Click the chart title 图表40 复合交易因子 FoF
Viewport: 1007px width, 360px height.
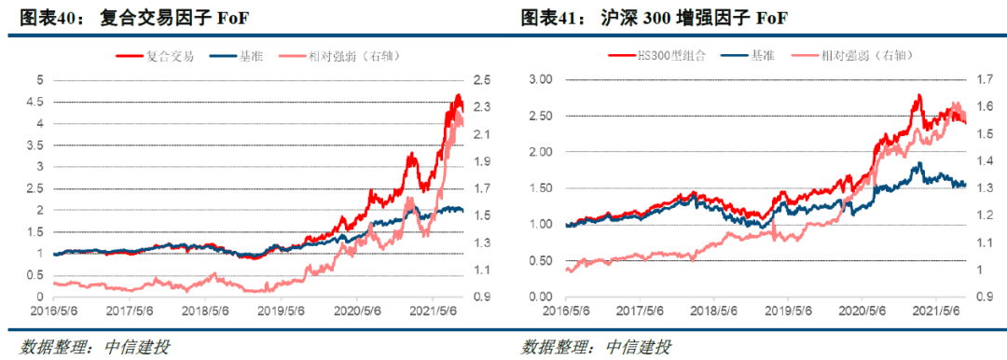point(130,19)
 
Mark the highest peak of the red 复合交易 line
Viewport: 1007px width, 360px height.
point(457,95)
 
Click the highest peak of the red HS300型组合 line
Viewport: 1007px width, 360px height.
point(918,94)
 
